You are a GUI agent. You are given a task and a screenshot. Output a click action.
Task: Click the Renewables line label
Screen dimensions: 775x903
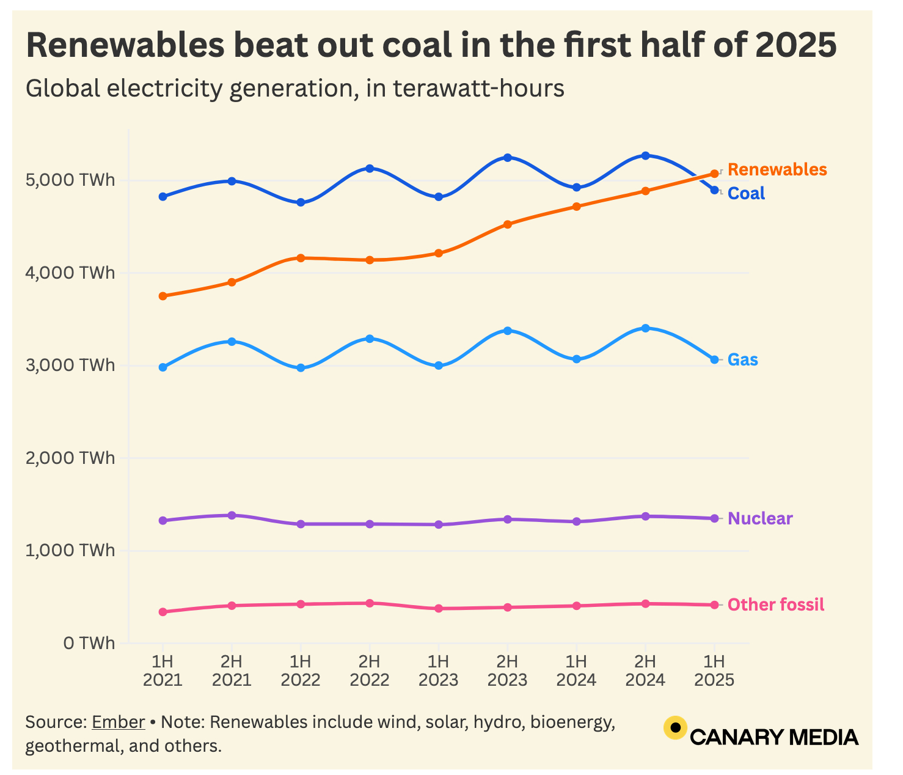pos(777,170)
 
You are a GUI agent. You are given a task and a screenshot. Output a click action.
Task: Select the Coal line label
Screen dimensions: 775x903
pos(746,194)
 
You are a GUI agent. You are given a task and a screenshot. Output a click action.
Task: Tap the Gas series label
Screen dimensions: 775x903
pos(742,360)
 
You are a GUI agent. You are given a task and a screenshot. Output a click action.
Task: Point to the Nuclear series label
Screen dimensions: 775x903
pos(760,519)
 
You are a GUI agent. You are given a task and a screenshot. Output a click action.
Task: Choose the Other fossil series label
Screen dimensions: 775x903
pos(776,605)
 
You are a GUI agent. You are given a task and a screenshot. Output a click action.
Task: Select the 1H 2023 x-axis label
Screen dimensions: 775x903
pos(438,671)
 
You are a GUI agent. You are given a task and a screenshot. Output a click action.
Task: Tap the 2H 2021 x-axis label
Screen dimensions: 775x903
pos(232,671)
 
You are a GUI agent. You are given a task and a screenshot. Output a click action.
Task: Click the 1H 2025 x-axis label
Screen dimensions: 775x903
pos(714,671)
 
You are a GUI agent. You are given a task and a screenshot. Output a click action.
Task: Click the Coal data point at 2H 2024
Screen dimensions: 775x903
pos(645,156)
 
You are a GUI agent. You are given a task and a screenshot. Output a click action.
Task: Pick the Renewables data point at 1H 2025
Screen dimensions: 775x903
pos(714,174)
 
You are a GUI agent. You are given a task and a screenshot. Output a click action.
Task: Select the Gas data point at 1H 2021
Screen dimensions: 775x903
pos(163,367)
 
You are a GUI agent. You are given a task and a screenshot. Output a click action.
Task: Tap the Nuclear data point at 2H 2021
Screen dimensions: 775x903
pos(232,515)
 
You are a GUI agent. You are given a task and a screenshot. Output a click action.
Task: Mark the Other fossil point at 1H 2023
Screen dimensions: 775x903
pos(438,609)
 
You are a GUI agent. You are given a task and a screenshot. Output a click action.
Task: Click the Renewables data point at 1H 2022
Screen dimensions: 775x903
pos(301,258)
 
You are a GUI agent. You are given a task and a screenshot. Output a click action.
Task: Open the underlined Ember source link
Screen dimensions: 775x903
pos(118,722)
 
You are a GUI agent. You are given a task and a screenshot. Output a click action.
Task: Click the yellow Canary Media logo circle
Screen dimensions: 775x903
pos(675,727)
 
